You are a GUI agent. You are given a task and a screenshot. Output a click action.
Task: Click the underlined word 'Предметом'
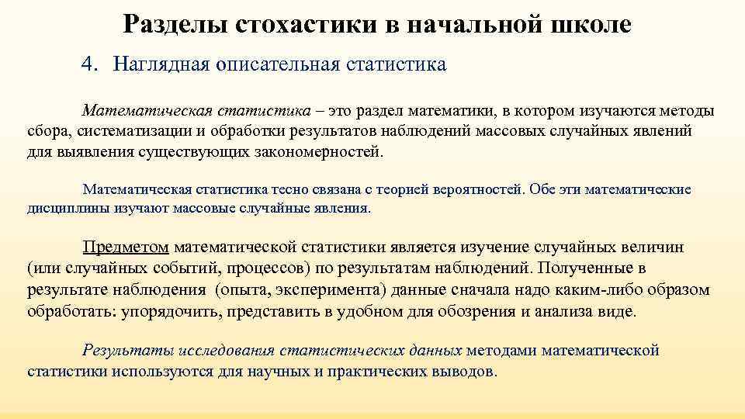[x=126, y=248]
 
